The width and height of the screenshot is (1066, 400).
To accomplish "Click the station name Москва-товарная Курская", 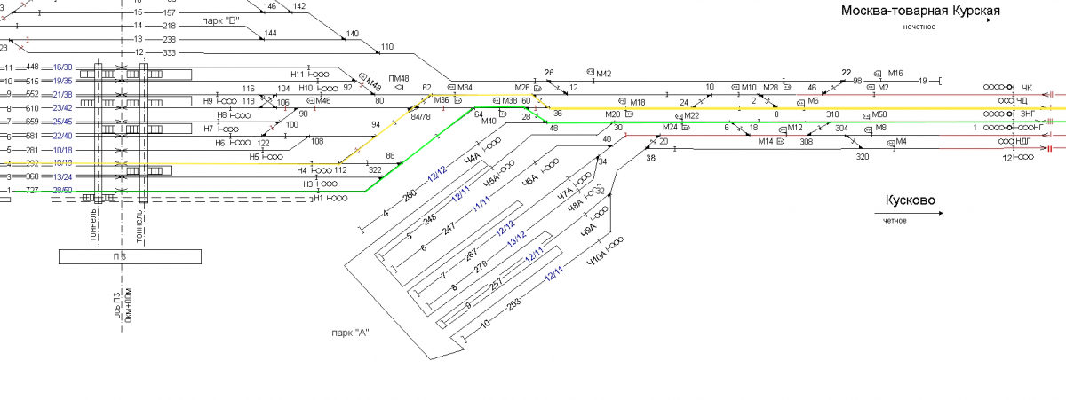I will coord(920,11).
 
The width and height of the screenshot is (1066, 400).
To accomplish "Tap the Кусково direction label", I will coord(910,201).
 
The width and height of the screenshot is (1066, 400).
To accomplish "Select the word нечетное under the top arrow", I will coord(920,27).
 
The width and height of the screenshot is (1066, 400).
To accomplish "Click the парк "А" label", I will coord(348,333).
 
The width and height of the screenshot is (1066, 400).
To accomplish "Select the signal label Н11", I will coord(297,74).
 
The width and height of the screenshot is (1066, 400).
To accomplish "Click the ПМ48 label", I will coord(398,79).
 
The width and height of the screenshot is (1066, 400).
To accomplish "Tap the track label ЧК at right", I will coord(1027,88).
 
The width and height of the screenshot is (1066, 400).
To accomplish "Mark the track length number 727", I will coord(32,191).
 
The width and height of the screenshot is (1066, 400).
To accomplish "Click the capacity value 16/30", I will coord(62,67).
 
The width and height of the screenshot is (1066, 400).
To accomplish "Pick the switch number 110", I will coord(386,47).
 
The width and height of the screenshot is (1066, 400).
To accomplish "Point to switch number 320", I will coord(862,157).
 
